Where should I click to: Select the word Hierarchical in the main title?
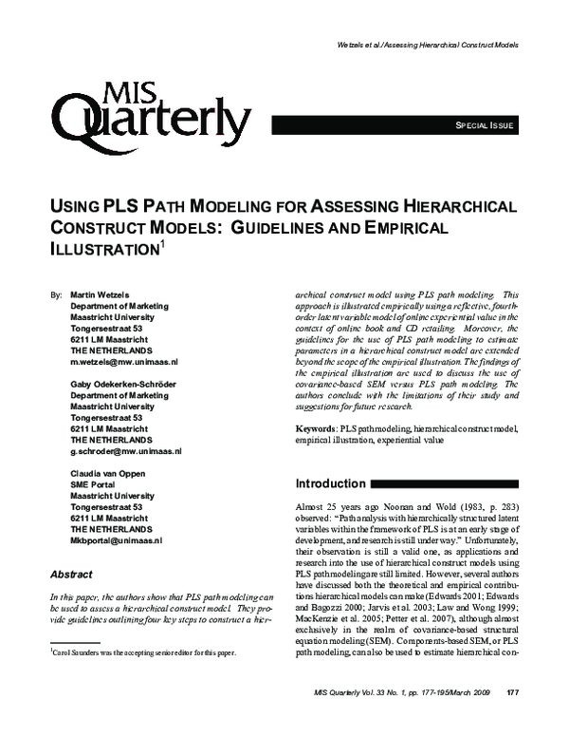pyautogui.click(x=464, y=205)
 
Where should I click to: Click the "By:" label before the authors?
pyautogui.click(x=55, y=295)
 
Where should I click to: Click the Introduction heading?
pyautogui.click(x=331, y=483)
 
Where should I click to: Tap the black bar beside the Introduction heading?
pyautogui.click(x=445, y=483)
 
